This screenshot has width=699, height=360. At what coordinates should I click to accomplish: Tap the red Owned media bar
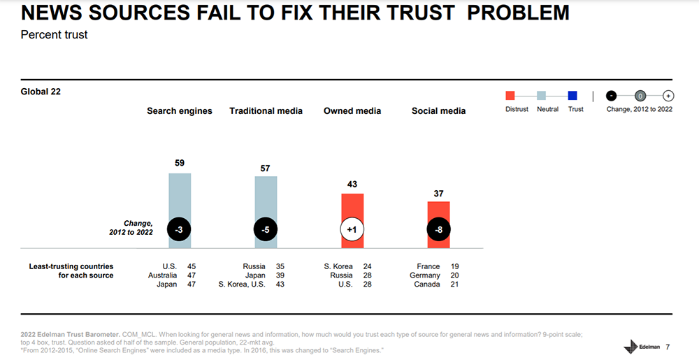click(352, 210)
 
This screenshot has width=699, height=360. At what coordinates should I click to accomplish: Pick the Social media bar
click(439, 213)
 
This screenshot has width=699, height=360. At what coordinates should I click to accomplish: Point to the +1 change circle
click(352, 230)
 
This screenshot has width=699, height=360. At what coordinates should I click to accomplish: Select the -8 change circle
click(439, 230)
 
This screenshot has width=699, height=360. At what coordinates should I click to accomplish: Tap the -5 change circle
click(266, 230)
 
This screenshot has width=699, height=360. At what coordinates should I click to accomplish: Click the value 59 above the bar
click(180, 163)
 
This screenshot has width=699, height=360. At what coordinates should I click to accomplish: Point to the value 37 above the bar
click(439, 193)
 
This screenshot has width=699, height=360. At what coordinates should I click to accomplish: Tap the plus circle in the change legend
click(668, 96)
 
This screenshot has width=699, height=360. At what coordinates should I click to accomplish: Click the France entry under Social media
click(428, 266)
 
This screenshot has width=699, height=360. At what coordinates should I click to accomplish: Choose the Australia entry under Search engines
click(161, 275)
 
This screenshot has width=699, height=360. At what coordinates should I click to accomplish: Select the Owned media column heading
click(352, 111)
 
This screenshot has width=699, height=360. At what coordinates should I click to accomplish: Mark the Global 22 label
click(41, 92)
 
